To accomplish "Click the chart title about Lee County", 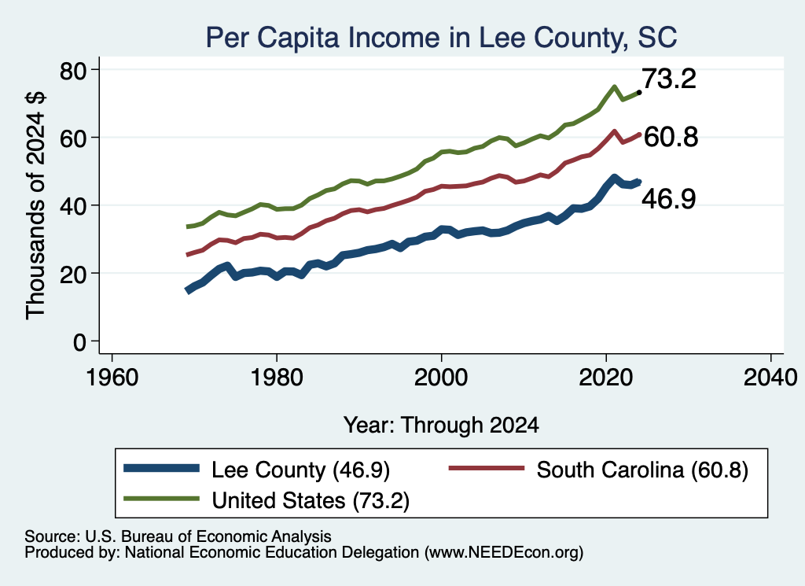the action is tap(442, 38).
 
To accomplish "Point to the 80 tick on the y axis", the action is tap(95, 69).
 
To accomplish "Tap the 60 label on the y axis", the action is tap(73, 138).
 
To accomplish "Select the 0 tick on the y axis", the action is tap(95, 341).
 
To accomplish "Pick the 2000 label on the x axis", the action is tap(441, 378).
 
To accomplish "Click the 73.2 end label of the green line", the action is tap(669, 79).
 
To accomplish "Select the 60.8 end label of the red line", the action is tap(671, 137).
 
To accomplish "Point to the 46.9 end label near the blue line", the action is tap(669, 199).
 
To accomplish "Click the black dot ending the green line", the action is tap(638, 93).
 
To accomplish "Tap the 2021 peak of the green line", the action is tap(614, 87).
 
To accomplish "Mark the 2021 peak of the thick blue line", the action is tap(614, 179).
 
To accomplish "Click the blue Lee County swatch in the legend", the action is tap(161, 468).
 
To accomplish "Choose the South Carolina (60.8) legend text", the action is tap(642, 470).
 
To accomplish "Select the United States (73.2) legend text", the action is tap(311, 500).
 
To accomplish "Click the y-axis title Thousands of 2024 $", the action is tap(35, 205).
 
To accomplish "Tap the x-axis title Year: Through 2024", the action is tap(441, 426).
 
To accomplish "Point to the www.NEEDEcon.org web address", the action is tap(504, 553).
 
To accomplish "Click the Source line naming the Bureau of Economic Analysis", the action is tap(178, 536).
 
